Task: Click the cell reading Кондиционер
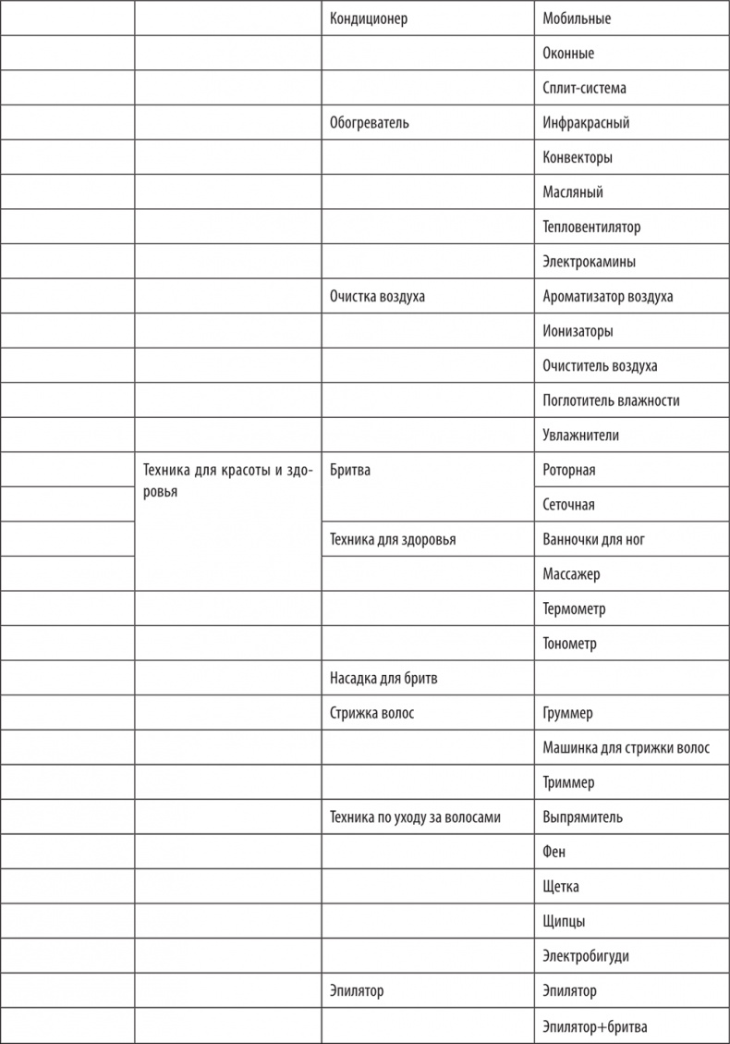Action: tap(369, 18)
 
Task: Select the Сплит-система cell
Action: tap(584, 89)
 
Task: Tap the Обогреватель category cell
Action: tap(369, 123)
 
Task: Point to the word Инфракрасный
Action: tap(586, 123)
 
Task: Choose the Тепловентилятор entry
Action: tap(591, 227)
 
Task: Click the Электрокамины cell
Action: tap(589, 262)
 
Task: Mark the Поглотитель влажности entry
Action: tap(611, 401)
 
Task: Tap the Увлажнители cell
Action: tap(580, 436)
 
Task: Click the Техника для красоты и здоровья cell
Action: tap(226, 481)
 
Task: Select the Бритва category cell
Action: tap(350, 470)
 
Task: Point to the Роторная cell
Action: tap(569, 470)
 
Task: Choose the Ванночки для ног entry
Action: tap(593, 540)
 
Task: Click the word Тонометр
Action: tap(569, 644)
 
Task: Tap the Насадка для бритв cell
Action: tap(383, 679)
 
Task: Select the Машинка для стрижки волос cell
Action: tap(626, 748)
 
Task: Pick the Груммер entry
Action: tap(567, 714)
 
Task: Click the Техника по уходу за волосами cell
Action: tap(415, 817)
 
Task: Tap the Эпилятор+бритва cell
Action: tap(595, 1026)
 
